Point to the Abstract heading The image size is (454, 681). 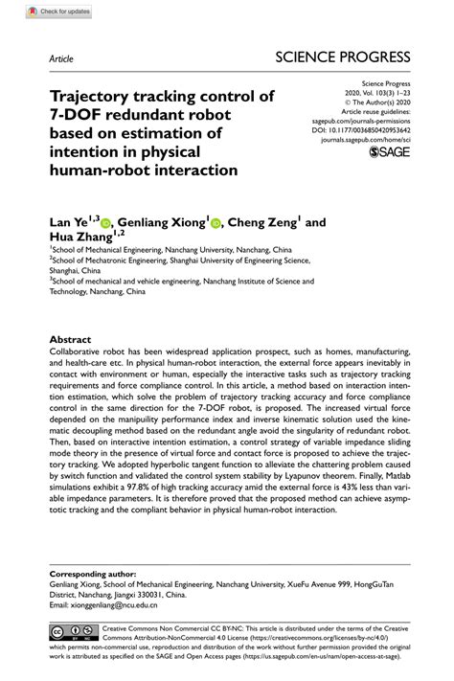click(70, 340)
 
